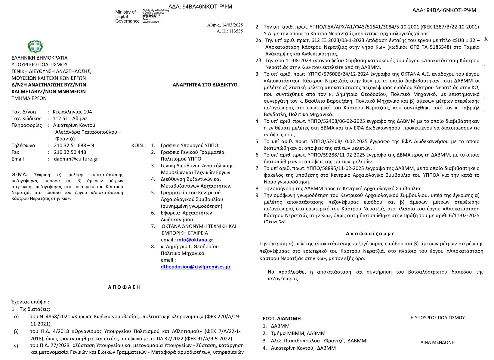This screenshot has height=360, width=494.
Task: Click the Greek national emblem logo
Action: coord(35,47)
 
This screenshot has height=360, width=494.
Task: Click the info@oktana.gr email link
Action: coord(195,240)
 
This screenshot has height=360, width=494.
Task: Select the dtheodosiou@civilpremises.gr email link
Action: coord(196,267)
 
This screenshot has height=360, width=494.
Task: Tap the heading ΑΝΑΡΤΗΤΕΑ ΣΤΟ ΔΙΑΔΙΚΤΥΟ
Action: coord(205,85)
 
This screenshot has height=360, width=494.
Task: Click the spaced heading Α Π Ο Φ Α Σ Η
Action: coord(124,287)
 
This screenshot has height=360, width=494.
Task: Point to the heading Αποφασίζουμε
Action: coord(370,234)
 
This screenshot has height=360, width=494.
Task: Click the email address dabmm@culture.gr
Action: coord(76,159)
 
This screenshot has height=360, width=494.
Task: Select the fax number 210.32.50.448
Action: coord(70,152)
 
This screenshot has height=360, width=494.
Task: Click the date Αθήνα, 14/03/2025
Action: coord(225,25)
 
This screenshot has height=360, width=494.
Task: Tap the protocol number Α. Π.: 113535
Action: coord(230,31)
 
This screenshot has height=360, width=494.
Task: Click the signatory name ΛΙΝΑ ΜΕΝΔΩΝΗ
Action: coord(437,342)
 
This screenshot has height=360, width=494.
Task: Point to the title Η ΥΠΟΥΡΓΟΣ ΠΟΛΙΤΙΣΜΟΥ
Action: coord(437,318)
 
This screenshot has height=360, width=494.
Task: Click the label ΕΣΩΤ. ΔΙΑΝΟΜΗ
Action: coord(283,318)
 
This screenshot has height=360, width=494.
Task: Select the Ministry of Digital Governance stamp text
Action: coord(127,17)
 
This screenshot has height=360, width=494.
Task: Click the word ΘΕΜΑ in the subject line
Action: coord(19,175)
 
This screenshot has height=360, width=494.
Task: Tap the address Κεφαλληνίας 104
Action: coord(72,112)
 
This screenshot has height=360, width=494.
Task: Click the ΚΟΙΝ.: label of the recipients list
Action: coord(138,145)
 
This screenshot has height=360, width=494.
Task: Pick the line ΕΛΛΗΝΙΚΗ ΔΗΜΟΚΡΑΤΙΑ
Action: coord(39,58)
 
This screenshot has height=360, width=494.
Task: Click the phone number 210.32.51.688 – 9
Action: coord(74,145)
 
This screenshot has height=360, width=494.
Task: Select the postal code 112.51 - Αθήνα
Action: coord(70,119)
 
